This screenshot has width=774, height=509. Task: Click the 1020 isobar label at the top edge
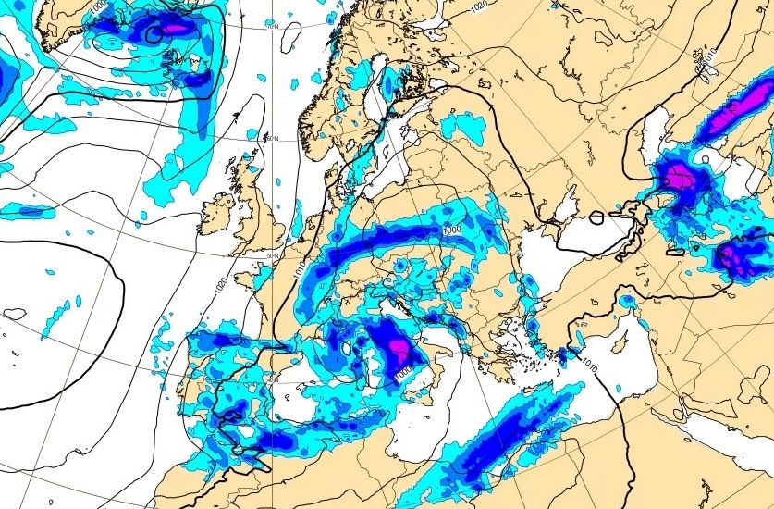click(x=478, y=7)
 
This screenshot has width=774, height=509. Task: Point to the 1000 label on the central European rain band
click(x=452, y=229)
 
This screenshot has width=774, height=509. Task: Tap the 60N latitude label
click(x=271, y=138)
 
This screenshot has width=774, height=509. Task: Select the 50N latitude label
click(x=272, y=254)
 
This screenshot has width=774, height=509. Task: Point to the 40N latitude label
click(x=272, y=379)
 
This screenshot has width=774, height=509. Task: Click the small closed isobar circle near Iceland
click(x=152, y=33)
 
